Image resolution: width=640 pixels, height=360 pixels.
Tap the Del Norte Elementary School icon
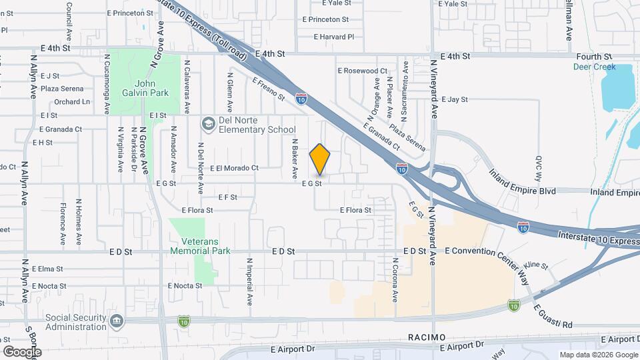tap(208, 124)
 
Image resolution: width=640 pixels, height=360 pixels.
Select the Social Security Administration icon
tap(117, 322)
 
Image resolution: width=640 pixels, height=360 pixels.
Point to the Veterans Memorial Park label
tap(200, 246)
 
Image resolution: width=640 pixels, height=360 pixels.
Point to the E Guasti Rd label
tap(553, 315)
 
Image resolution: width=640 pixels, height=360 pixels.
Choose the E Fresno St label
tap(268, 89)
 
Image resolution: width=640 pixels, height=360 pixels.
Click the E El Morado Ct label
tap(234, 169)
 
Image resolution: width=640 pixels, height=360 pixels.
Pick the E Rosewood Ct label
tap(362, 70)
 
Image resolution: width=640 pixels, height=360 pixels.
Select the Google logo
tap(22, 351)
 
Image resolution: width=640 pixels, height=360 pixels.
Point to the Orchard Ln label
tap(72, 102)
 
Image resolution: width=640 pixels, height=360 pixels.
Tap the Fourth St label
tap(595, 57)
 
